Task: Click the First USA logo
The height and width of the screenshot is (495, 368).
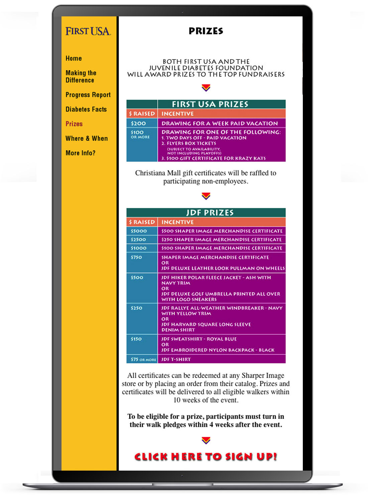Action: click(88, 31)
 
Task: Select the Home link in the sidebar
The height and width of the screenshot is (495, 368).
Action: click(74, 58)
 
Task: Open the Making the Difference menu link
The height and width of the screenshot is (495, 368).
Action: click(81, 77)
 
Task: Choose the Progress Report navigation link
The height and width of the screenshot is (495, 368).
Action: click(88, 95)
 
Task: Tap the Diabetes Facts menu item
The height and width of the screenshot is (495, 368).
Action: click(86, 109)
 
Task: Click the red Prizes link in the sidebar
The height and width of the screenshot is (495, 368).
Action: click(74, 124)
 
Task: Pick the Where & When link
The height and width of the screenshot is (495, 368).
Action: click(87, 138)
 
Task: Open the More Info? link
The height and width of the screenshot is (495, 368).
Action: click(80, 153)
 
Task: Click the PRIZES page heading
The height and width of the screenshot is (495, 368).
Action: click(206, 31)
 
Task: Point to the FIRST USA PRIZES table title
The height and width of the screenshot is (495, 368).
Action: click(210, 104)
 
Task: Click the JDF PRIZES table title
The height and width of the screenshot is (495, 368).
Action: click(210, 213)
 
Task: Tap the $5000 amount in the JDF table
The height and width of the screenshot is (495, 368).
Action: click(139, 231)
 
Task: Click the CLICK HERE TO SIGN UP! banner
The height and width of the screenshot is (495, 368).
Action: click(206, 457)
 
